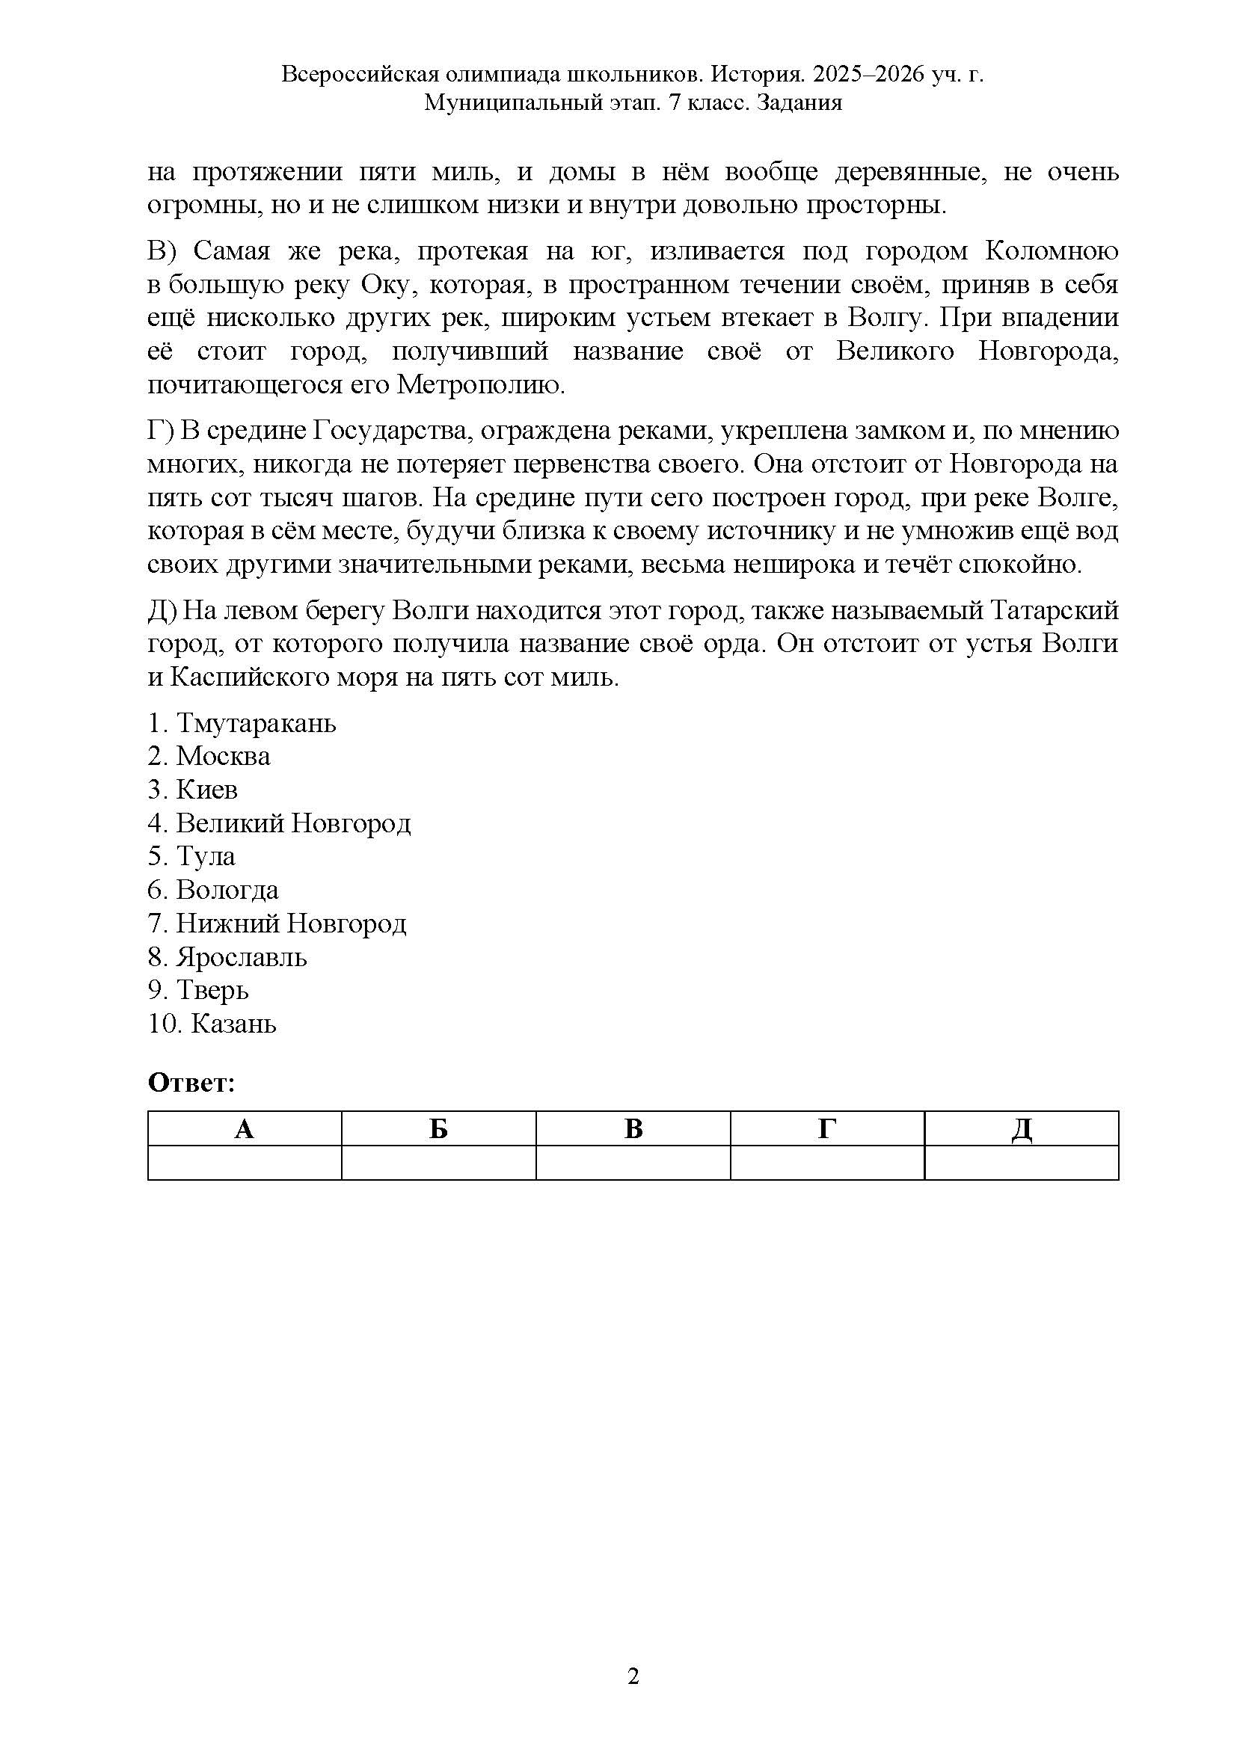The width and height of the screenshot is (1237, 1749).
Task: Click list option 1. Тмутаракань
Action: pos(242,722)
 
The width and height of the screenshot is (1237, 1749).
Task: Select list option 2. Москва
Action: pos(209,756)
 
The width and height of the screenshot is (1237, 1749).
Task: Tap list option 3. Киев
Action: pos(193,789)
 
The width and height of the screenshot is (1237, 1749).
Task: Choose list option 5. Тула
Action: pos(191,856)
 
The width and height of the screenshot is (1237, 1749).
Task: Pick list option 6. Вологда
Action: pos(213,890)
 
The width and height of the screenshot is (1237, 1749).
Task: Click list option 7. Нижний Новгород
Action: pos(277,923)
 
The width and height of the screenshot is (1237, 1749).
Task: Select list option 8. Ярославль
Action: pos(227,957)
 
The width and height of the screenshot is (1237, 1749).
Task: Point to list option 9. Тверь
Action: pos(198,990)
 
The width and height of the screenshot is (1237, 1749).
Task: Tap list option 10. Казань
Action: pos(212,1024)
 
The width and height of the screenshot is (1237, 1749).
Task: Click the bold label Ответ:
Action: pos(191,1083)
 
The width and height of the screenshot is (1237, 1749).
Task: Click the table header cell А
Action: pos(244,1129)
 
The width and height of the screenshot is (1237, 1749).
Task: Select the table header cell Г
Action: pos(827,1129)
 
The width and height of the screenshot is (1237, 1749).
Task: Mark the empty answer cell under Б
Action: pos(439,1164)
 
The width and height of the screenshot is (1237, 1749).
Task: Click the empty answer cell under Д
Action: pos(1022,1164)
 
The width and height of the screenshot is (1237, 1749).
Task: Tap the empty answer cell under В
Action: pos(633,1164)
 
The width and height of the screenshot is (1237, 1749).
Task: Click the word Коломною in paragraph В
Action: pos(1052,250)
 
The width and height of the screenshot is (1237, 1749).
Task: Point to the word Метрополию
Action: pos(482,385)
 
